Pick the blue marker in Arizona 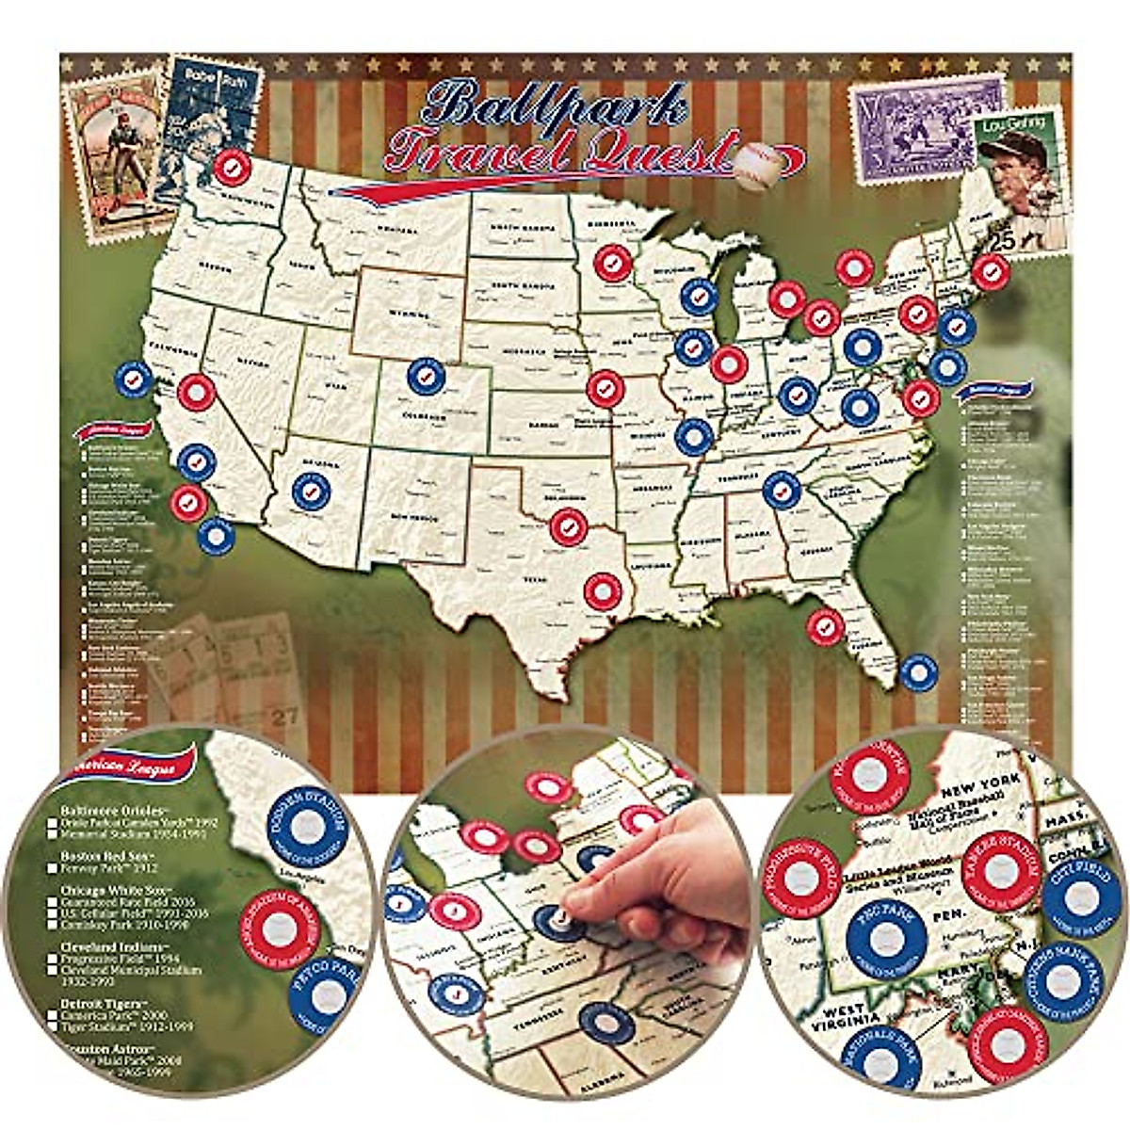[x=312, y=491]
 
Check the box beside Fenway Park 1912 [x=52, y=868]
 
